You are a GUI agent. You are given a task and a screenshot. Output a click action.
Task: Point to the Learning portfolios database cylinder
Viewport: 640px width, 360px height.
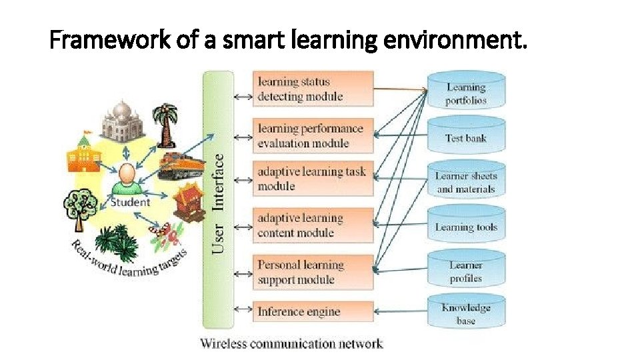pyautogui.click(x=466, y=93)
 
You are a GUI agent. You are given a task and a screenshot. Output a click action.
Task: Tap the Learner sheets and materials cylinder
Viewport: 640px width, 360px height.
pyautogui.click(x=466, y=182)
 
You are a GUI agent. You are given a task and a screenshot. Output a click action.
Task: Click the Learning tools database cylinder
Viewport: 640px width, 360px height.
pyautogui.click(x=466, y=227)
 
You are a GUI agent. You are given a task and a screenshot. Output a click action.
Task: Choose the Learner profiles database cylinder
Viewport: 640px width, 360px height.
pyautogui.click(x=466, y=271)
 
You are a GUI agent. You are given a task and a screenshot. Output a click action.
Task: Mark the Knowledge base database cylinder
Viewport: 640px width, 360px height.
pyautogui.click(x=466, y=313)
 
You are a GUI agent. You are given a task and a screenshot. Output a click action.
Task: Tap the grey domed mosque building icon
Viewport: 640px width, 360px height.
pyautogui.click(x=121, y=119)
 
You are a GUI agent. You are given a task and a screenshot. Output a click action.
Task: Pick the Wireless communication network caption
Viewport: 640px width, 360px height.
pyautogui.click(x=291, y=344)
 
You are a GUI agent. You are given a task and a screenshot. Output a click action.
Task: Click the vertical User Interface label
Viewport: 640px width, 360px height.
pyautogui.click(x=218, y=203)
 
